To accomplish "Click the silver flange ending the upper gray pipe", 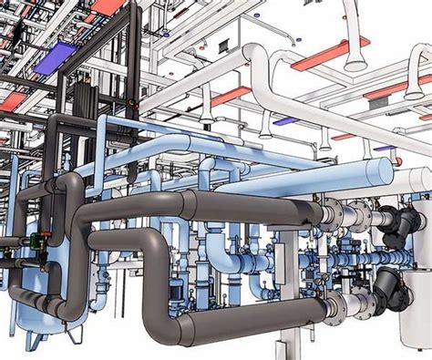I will tap(331, 215).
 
